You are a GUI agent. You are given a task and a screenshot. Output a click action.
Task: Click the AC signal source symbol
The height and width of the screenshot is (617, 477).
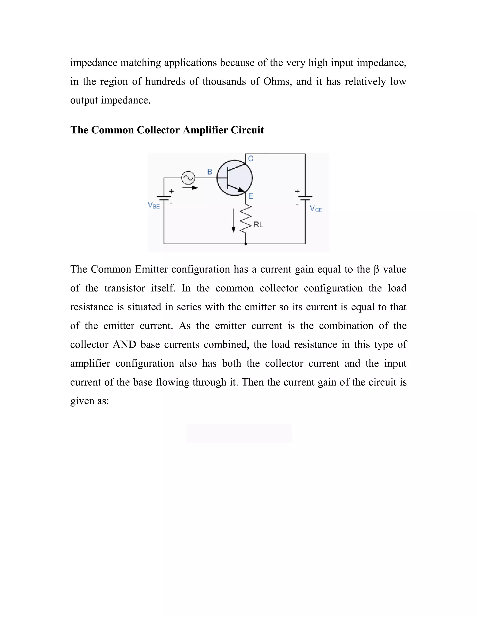coord(188,178)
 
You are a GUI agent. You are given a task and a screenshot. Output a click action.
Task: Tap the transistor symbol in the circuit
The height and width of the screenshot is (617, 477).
coord(234,178)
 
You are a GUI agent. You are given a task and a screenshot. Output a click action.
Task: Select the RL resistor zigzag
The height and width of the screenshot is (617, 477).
coord(245,219)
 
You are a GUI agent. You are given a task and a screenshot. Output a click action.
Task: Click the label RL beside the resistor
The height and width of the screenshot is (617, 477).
coord(258,225)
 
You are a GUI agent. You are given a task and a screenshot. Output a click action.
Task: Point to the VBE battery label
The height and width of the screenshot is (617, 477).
coord(154,205)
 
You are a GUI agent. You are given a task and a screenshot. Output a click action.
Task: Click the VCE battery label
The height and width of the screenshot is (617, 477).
coord(316,209)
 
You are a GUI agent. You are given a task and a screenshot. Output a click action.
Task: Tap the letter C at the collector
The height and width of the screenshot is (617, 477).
coord(251,159)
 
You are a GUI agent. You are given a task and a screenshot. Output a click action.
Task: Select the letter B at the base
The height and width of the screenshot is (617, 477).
coord(210,172)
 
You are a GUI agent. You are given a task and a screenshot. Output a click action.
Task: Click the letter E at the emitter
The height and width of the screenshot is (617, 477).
coord(251,196)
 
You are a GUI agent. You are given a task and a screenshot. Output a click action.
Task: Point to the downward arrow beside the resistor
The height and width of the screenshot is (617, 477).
coord(233,220)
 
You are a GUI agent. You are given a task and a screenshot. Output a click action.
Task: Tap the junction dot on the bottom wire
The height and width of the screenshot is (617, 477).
coord(245,244)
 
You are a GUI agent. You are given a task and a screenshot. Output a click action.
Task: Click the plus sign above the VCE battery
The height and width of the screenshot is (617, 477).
coord(297,191)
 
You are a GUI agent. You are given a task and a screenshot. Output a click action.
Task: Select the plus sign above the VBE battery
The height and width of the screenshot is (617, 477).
coord(171,191)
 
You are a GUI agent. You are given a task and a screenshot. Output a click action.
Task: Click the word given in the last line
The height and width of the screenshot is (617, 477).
coord(82,401)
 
